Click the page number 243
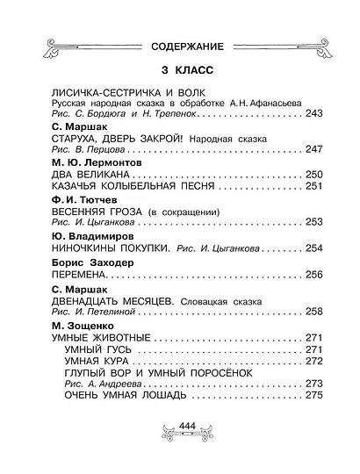pos(314,115)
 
